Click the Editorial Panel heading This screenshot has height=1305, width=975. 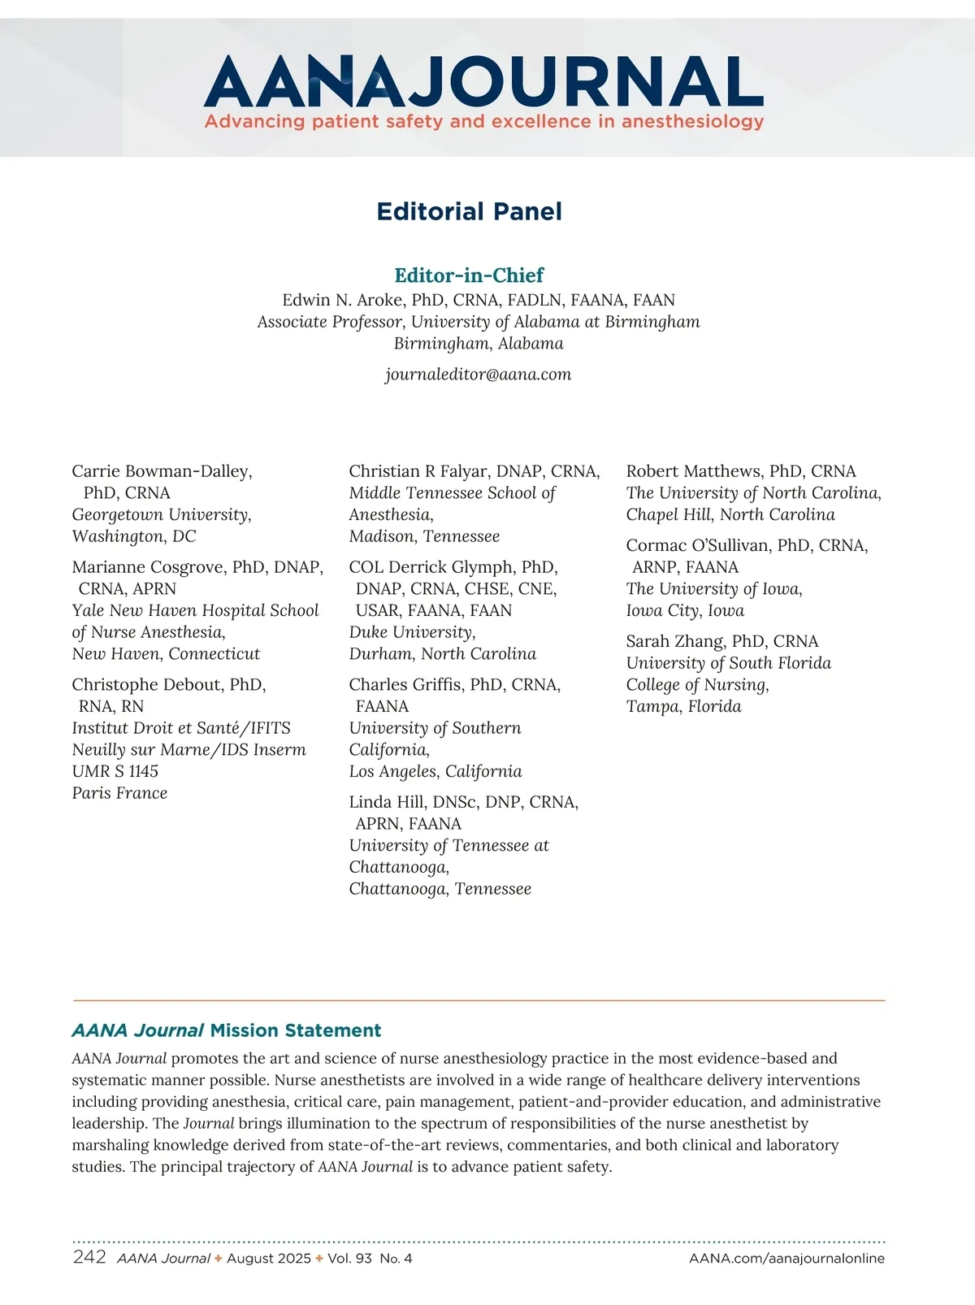pyautogui.click(x=469, y=211)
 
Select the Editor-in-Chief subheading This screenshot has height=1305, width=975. pyautogui.click(x=469, y=275)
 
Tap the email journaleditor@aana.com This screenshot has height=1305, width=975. pyautogui.click(x=478, y=375)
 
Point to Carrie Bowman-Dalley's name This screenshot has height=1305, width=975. pyautogui.click(x=161, y=471)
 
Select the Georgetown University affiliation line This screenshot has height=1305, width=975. pyautogui.click(x=161, y=515)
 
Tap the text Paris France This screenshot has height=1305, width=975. pyautogui.click(x=119, y=793)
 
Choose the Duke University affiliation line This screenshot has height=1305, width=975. pyautogui.click(x=412, y=632)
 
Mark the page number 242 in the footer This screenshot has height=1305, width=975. pyautogui.click(x=89, y=1257)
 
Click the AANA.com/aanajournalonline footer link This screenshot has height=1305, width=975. pyautogui.click(x=786, y=1259)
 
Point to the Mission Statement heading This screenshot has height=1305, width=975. pyautogui.click(x=226, y=1030)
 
